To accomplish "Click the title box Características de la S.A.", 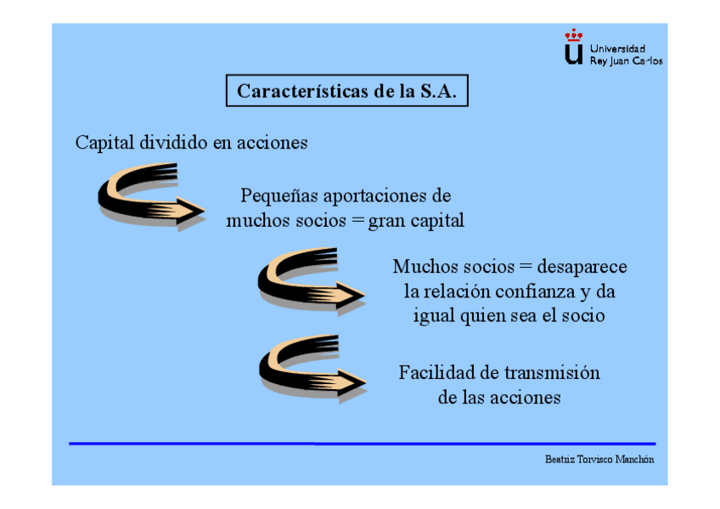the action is pos(346,92).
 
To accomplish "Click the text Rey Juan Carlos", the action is pos(626,61).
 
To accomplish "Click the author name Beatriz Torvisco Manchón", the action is pos(599,459).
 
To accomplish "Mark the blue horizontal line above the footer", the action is pos(362,444).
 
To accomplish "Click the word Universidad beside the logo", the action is pos(617,48).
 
